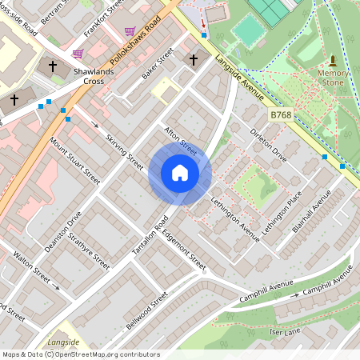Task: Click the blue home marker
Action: (180, 173)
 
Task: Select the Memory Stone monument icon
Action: (333, 61)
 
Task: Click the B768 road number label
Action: (280, 116)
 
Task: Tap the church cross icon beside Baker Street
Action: (192, 59)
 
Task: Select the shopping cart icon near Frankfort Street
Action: (130, 31)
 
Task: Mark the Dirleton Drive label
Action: (268, 144)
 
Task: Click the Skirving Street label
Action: (124, 151)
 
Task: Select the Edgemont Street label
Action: (183, 249)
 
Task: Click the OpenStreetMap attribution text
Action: (81, 354)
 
